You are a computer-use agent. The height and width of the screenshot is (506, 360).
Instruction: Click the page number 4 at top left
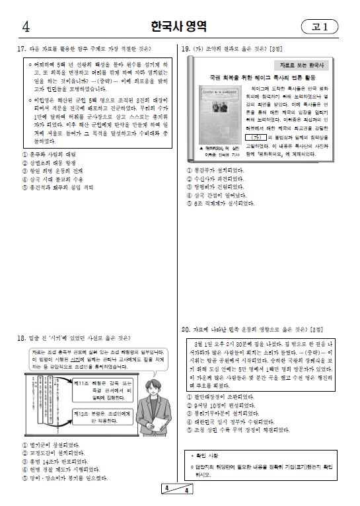pyautogui.click(x=26, y=27)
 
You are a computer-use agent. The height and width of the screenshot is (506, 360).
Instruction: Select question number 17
pyautogui.click(x=20, y=49)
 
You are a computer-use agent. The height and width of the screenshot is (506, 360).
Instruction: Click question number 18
pyautogui.click(x=21, y=338)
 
